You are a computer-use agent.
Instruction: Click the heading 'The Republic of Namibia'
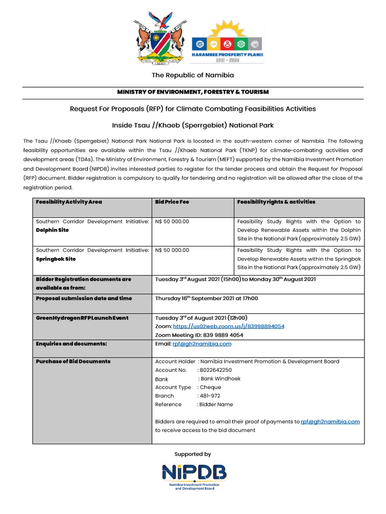[193, 75]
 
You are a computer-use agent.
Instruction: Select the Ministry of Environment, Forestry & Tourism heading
[193, 92]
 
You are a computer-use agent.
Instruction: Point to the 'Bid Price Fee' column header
[172, 202]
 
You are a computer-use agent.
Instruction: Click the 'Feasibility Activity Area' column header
[69, 202]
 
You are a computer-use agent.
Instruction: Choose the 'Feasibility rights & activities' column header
[276, 202]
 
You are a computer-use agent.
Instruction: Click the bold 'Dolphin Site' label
[52, 230]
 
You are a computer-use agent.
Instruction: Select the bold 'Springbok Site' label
[55, 259]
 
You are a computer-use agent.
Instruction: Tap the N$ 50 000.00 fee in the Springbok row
[172, 250]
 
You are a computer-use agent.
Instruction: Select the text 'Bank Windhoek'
[220, 378]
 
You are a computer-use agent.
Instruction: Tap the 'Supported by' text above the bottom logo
[192, 454]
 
